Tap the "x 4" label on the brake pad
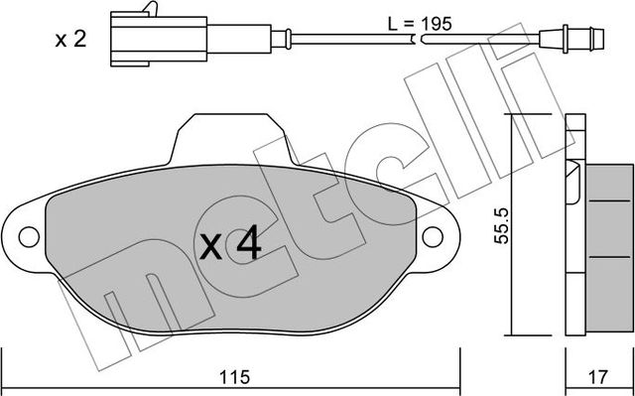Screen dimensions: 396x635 230,243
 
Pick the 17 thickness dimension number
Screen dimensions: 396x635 598,377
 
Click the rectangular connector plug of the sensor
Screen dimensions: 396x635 128,41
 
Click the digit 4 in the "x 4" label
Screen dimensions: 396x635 248,243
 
